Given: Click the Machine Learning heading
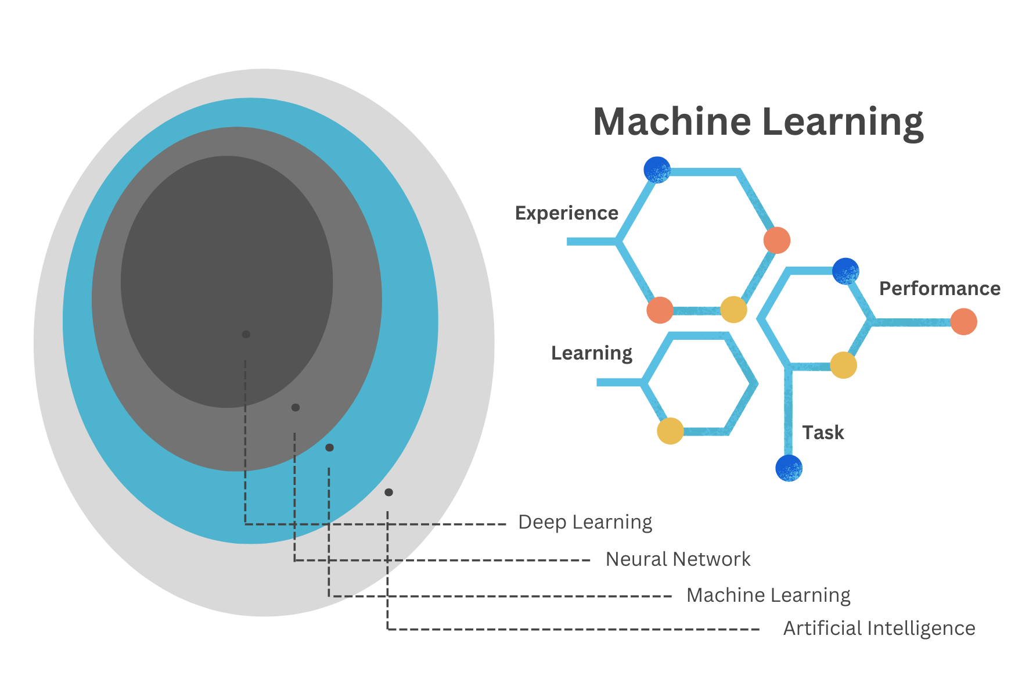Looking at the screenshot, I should click(758, 122).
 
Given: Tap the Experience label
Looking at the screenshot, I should click(566, 213).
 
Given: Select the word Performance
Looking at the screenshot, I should click(939, 289).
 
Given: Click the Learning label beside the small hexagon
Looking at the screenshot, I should click(591, 353).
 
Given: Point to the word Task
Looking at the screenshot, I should click(822, 433).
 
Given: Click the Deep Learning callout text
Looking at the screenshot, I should click(585, 522).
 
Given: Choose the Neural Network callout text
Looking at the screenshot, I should click(678, 559).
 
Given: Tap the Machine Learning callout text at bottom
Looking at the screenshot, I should click(768, 595).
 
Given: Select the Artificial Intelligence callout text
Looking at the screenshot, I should click(879, 628).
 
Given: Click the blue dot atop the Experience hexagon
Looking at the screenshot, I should click(657, 170).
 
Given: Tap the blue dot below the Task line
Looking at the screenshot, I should click(789, 468).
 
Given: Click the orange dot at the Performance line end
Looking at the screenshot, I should click(963, 322).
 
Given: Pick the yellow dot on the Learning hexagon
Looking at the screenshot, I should click(670, 431).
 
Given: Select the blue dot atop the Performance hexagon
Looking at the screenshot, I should click(845, 271).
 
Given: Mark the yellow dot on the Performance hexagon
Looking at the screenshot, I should click(843, 365).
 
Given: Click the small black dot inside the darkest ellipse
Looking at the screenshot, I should click(246, 335).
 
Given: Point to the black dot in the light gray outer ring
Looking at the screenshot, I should click(388, 493).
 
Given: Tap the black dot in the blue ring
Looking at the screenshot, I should click(329, 448).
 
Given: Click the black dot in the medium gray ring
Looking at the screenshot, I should click(296, 408).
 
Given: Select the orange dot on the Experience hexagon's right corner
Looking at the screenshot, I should click(776, 240).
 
